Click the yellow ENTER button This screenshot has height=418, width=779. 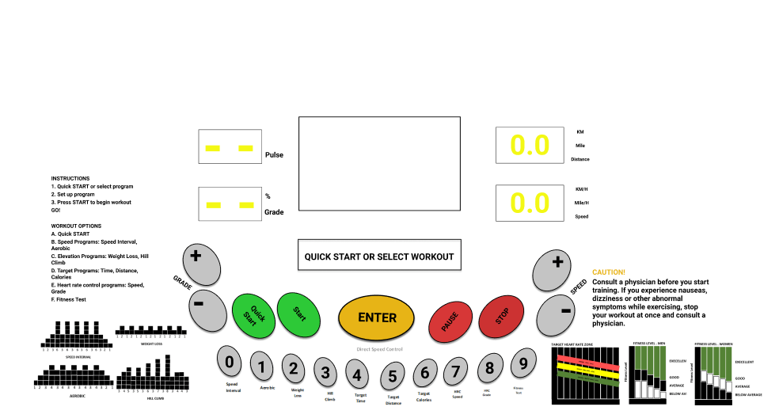pos(377,318)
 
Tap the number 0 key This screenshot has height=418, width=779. pos(230,363)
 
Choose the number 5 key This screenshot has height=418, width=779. pos(393,375)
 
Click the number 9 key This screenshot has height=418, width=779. pos(522,364)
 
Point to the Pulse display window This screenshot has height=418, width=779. pos(230,146)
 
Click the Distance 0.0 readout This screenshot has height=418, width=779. pos(529,146)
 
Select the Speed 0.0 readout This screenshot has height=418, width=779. pos(529,203)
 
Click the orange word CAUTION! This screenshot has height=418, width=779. pos(609,272)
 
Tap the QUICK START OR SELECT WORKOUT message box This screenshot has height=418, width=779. pos(379,256)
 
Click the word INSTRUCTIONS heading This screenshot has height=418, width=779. pos(70,178)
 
